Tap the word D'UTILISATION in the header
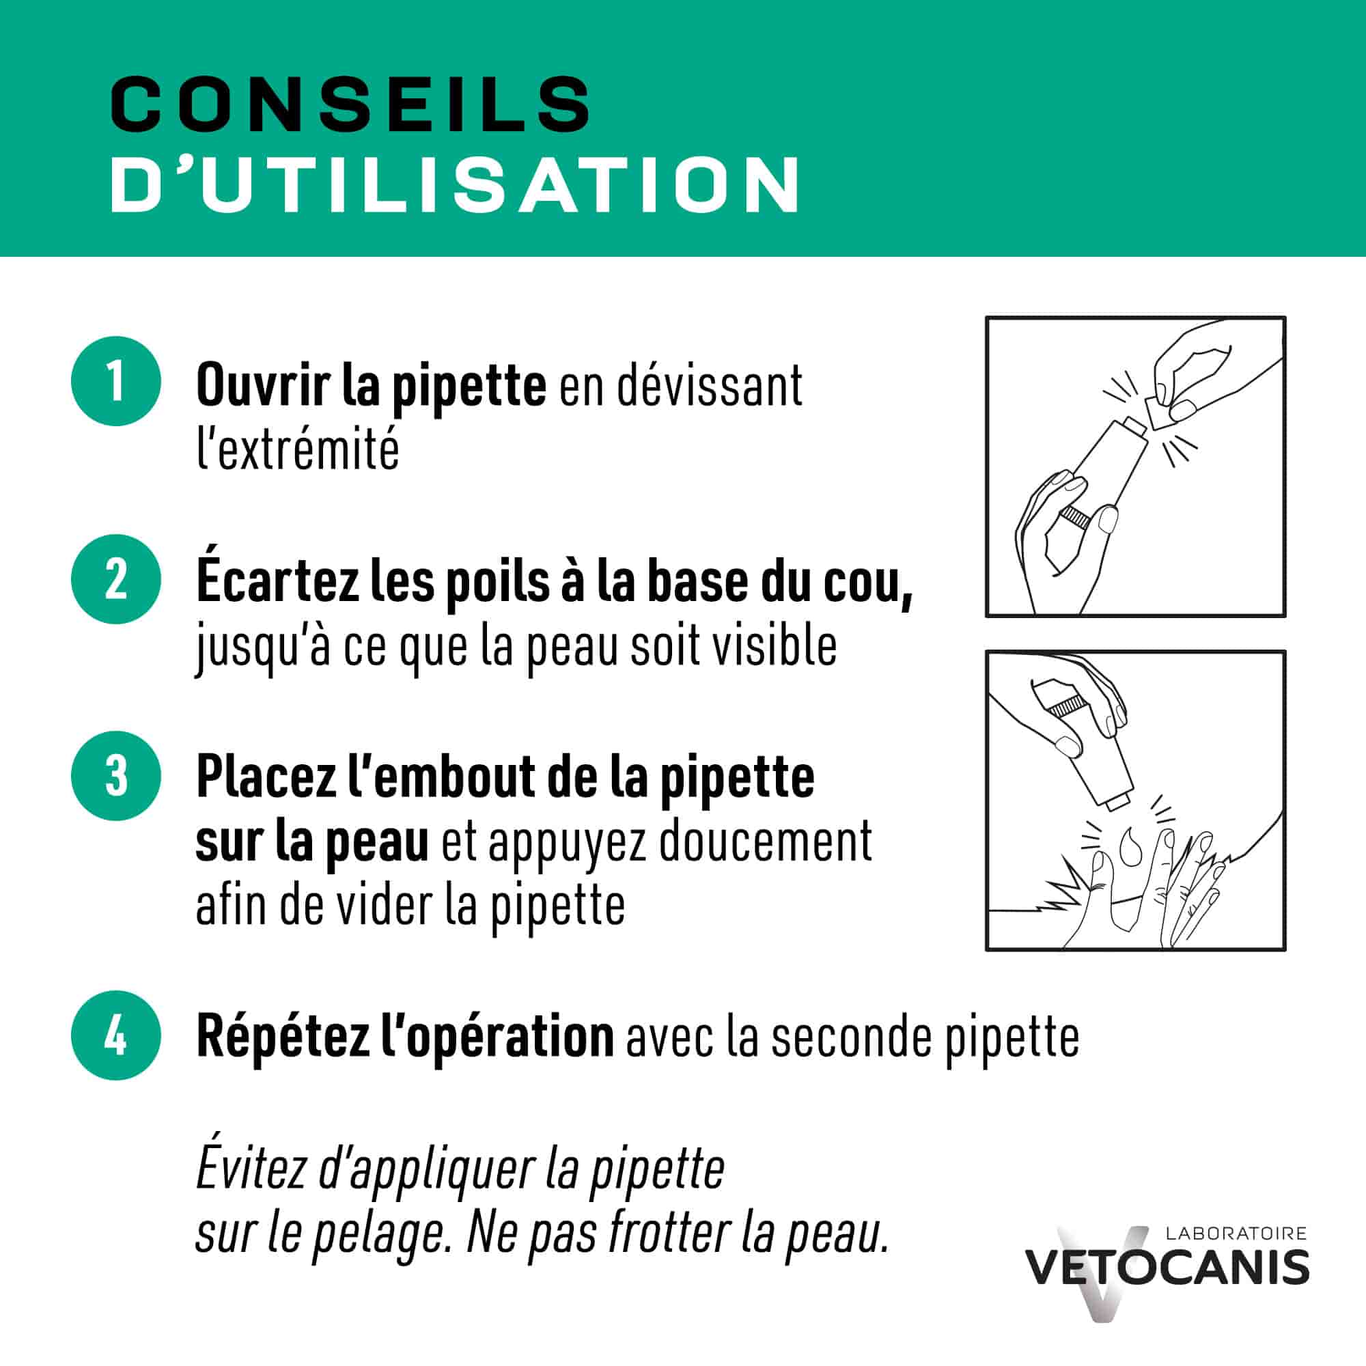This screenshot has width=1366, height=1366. (x=455, y=185)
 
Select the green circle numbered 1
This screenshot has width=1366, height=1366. (x=116, y=381)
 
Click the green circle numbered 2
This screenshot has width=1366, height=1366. (x=116, y=579)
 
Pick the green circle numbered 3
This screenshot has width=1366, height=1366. (x=116, y=776)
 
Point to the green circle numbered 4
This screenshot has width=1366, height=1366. (x=116, y=1036)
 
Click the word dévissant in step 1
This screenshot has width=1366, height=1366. (x=709, y=386)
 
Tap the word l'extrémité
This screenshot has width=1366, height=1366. (x=298, y=449)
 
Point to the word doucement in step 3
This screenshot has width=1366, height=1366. (x=765, y=841)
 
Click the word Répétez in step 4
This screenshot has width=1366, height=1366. (x=283, y=1037)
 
